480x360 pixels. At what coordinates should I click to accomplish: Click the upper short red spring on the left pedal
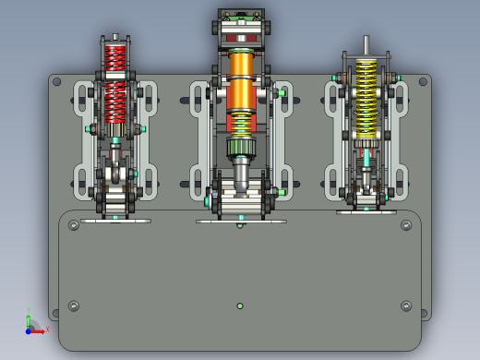point(114,57)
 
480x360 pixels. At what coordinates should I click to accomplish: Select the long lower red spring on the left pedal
point(114,102)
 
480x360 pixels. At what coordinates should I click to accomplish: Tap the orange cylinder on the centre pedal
point(241,79)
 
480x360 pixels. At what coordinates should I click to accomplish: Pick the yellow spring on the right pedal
point(366,97)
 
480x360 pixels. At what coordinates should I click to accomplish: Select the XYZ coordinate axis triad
point(33,325)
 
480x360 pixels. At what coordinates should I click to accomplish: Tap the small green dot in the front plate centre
point(240,306)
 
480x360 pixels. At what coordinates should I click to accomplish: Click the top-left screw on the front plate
point(74,225)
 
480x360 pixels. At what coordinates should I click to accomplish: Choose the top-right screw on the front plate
point(406,225)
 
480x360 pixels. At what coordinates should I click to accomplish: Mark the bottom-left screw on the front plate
point(74,306)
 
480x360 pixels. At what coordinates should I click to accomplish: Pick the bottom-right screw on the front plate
point(406,306)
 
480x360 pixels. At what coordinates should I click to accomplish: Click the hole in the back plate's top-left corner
point(57,82)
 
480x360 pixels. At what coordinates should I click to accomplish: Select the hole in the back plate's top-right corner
point(425,82)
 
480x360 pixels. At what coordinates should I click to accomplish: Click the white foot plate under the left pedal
point(115,220)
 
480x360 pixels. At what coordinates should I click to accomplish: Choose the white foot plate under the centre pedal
point(241,221)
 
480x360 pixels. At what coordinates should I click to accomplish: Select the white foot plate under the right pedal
point(366,211)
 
